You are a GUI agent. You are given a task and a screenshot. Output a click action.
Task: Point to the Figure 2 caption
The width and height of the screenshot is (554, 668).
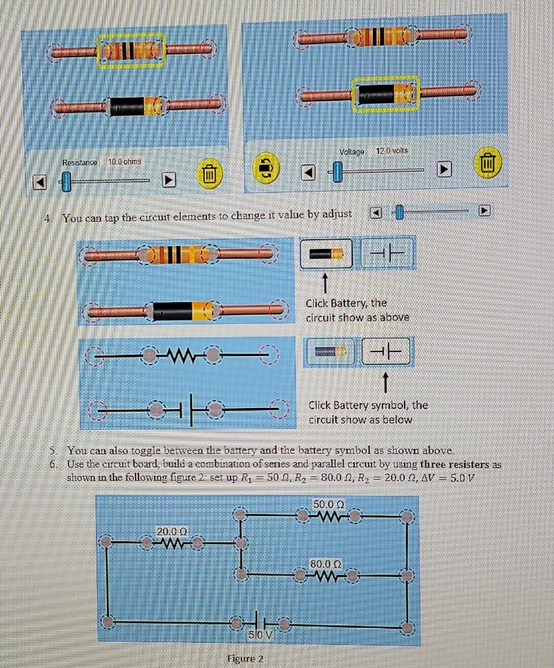(245, 659)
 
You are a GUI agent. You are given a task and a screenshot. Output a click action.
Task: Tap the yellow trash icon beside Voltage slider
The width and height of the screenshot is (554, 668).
(487, 164)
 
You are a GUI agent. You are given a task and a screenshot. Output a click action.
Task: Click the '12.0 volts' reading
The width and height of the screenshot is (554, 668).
(392, 151)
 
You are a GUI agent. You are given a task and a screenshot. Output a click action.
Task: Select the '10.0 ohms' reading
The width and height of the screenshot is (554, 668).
(125, 162)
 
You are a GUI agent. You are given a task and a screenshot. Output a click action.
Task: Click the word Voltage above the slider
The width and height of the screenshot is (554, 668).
(351, 152)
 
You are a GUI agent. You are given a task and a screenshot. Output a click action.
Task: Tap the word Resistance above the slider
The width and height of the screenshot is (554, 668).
(80, 163)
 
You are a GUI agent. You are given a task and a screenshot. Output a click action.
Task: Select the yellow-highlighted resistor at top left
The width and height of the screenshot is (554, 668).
(132, 50)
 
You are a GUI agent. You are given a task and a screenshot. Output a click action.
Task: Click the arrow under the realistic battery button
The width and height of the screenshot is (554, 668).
(325, 282)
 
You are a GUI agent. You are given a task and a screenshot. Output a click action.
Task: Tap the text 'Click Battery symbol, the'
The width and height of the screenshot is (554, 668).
(368, 405)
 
